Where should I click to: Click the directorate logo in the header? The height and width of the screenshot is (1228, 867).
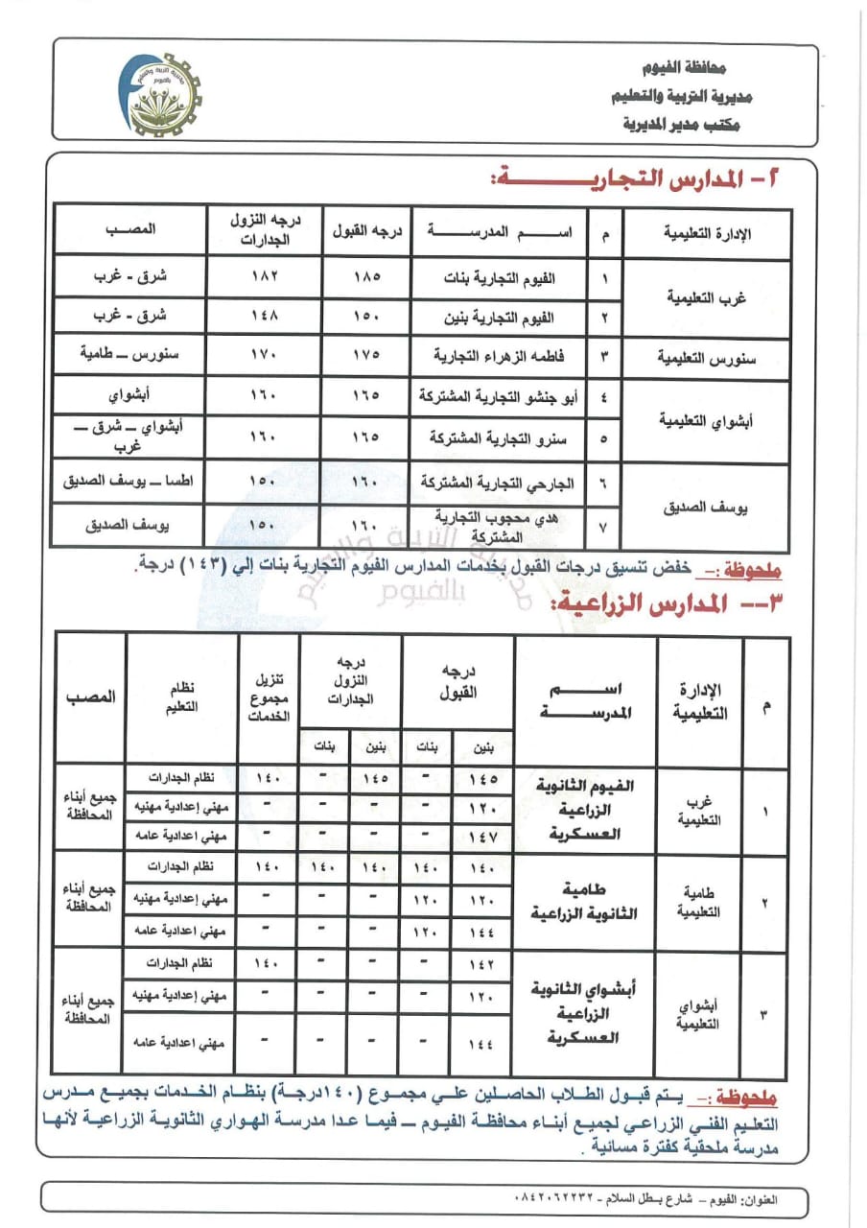click(x=163, y=94)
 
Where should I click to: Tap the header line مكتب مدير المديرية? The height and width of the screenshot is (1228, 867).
click(x=675, y=124)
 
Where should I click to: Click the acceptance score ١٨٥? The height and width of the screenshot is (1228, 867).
click(x=366, y=277)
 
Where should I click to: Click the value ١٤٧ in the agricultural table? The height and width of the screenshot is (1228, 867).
click(x=482, y=837)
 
